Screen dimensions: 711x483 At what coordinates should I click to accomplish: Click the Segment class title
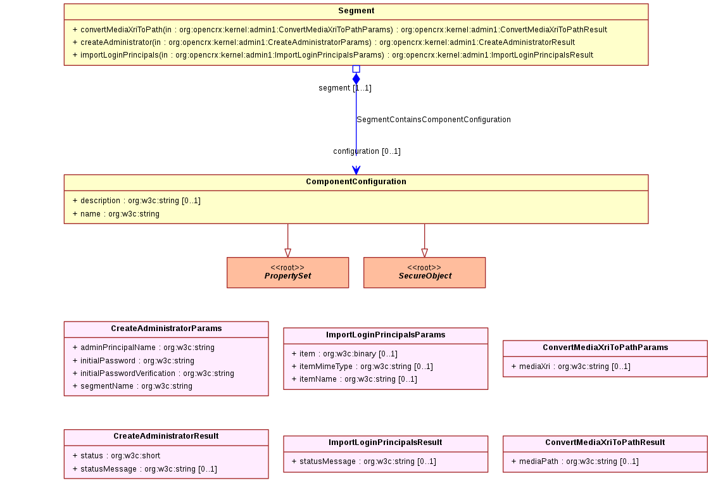click(356, 11)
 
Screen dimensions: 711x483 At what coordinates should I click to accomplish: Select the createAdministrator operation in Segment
click(324, 42)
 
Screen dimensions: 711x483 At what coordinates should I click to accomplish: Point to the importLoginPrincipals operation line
click(333, 55)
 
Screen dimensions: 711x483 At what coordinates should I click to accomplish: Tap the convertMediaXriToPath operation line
click(339, 30)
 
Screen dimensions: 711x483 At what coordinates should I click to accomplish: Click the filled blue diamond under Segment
click(356, 79)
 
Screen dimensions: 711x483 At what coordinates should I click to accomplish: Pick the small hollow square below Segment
click(356, 69)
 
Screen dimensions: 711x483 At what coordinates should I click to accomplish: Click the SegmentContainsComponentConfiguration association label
click(434, 120)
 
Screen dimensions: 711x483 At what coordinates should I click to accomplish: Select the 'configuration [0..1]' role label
click(367, 151)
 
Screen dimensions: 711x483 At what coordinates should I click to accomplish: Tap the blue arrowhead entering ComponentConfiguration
click(356, 170)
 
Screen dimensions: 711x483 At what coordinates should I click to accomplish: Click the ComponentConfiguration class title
click(356, 182)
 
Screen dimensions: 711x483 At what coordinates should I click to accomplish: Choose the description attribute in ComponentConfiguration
click(137, 201)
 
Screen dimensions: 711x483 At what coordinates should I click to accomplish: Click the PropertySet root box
click(287, 273)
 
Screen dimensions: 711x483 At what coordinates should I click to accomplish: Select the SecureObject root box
click(424, 273)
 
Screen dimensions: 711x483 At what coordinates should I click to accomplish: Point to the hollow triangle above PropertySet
click(287, 253)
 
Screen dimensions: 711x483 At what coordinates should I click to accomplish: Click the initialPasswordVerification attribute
click(153, 373)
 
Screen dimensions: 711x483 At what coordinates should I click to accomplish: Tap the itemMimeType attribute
click(362, 367)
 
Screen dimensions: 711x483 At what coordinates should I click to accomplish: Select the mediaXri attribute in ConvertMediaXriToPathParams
click(571, 367)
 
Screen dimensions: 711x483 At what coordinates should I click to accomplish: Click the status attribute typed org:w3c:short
click(116, 456)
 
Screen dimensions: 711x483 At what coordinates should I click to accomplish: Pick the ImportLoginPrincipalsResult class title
click(386, 442)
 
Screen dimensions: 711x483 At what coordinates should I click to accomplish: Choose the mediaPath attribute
click(575, 461)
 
